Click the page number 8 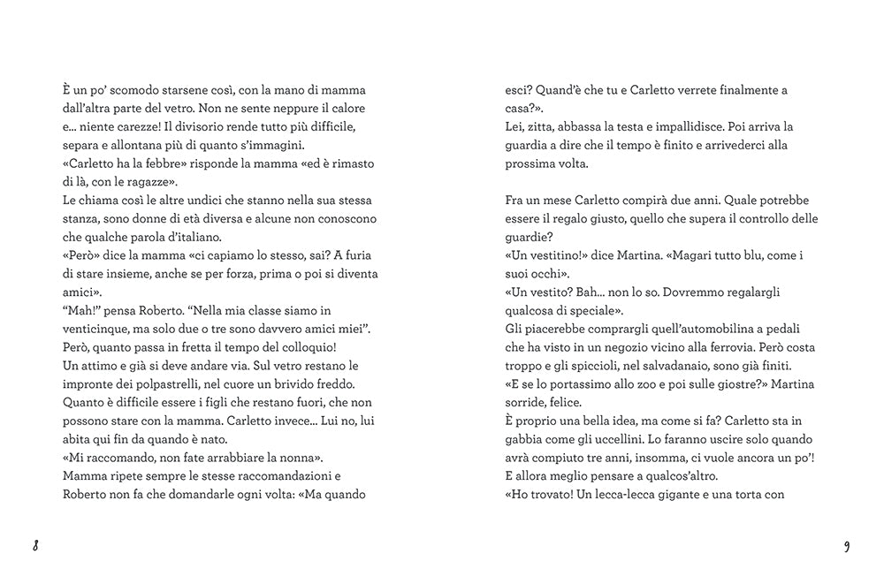[x=36, y=545]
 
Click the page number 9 [x=847, y=545]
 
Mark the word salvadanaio [x=671, y=365]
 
